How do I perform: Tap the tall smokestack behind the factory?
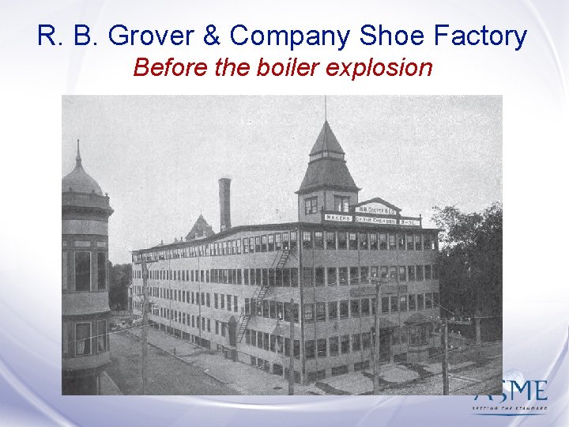pos(225,204)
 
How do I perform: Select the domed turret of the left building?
pos(81,178)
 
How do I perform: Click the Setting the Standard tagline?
pos(510,408)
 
